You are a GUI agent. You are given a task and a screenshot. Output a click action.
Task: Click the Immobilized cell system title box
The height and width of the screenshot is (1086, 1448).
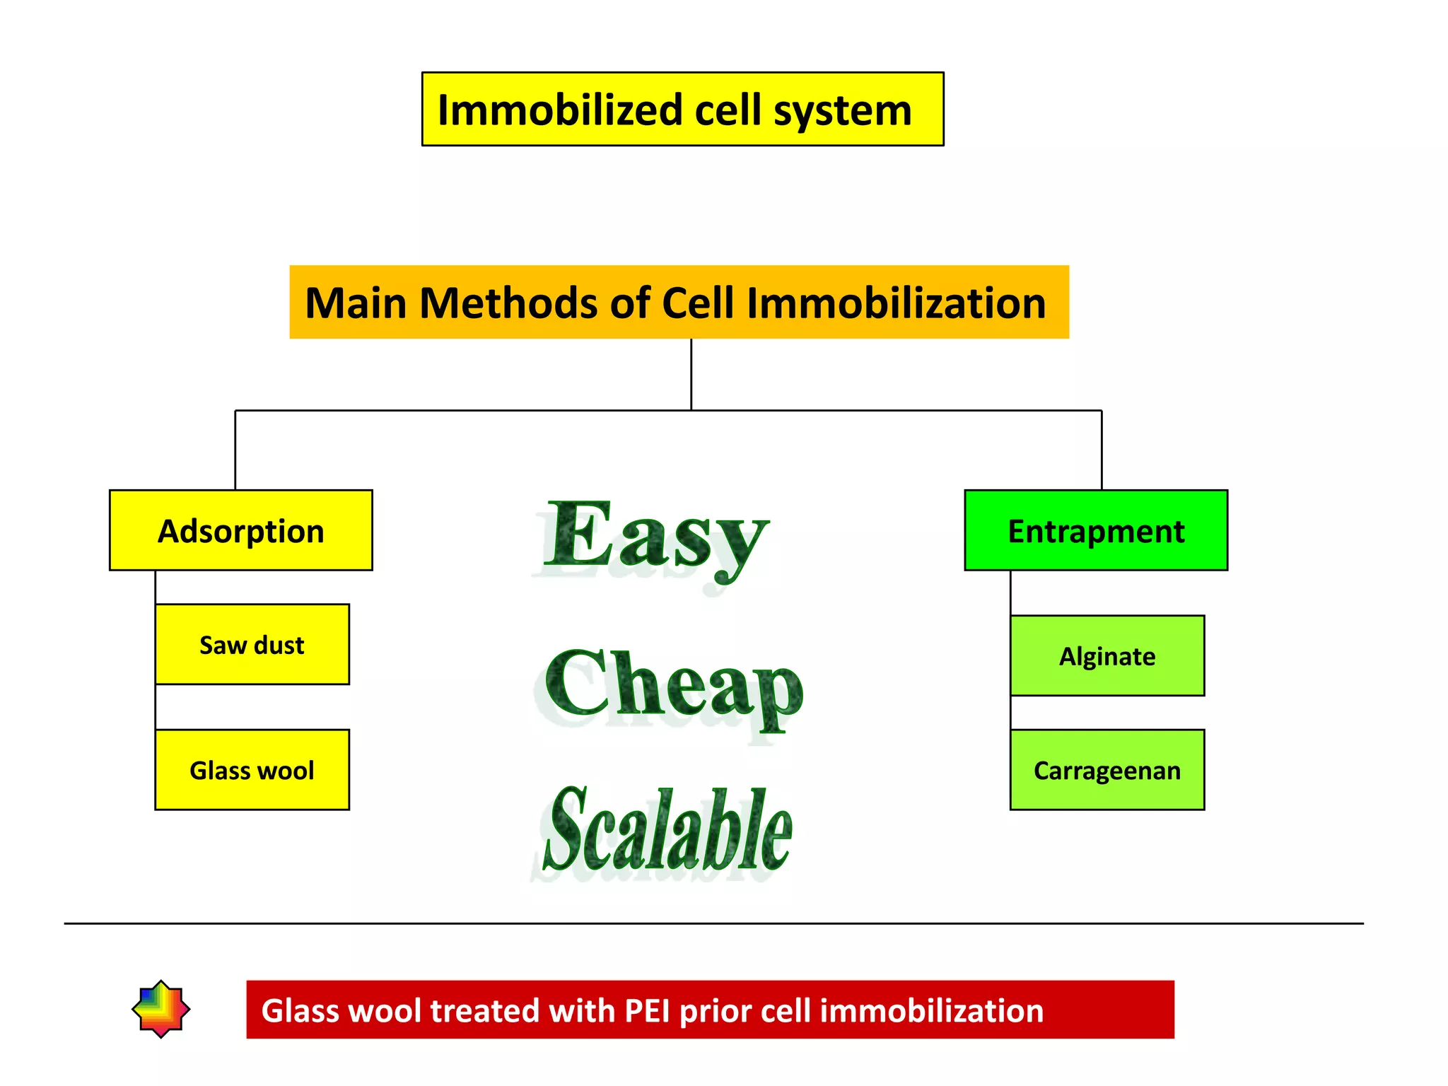pyautogui.click(x=682, y=109)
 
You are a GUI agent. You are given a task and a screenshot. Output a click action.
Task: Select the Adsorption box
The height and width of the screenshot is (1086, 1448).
pyautogui.click(x=240, y=530)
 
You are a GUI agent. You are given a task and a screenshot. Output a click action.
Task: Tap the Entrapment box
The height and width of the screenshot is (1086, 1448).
pyautogui.click(x=1095, y=530)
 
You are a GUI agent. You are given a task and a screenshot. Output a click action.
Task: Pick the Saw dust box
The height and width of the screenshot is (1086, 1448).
pyautogui.click(x=252, y=644)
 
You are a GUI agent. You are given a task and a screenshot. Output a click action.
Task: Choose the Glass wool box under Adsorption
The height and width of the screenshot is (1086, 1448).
pyautogui.click(x=252, y=769)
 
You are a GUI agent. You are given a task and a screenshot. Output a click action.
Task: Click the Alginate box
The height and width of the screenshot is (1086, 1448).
pyautogui.click(x=1107, y=655)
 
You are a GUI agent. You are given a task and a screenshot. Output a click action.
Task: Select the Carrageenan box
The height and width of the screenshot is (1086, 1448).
pyautogui.click(x=1107, y=769)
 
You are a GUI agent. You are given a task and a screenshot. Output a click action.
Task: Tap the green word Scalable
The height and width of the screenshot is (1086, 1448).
pyautogui.click(x=668, y=831)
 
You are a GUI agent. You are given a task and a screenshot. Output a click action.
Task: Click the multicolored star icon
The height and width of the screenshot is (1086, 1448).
pyautogui.click(x=161, y=1009)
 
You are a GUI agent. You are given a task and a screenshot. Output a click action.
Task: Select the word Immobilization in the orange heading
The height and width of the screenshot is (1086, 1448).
pyautogui.click(x=896, y=303)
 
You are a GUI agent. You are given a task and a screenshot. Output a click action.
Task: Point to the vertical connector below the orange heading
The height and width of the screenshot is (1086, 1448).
pyautogui.click(x=691, y=375)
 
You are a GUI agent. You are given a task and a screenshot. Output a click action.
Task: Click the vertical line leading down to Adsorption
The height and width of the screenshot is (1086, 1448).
pyautogui.click(x=235, y=450)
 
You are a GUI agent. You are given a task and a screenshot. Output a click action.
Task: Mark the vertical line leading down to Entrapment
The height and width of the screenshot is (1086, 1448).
pyautogui.click(x=1102, y=450)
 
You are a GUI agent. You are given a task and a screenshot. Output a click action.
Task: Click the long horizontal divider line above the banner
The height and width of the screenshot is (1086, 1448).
pyautogui.click(x=713, y=923)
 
